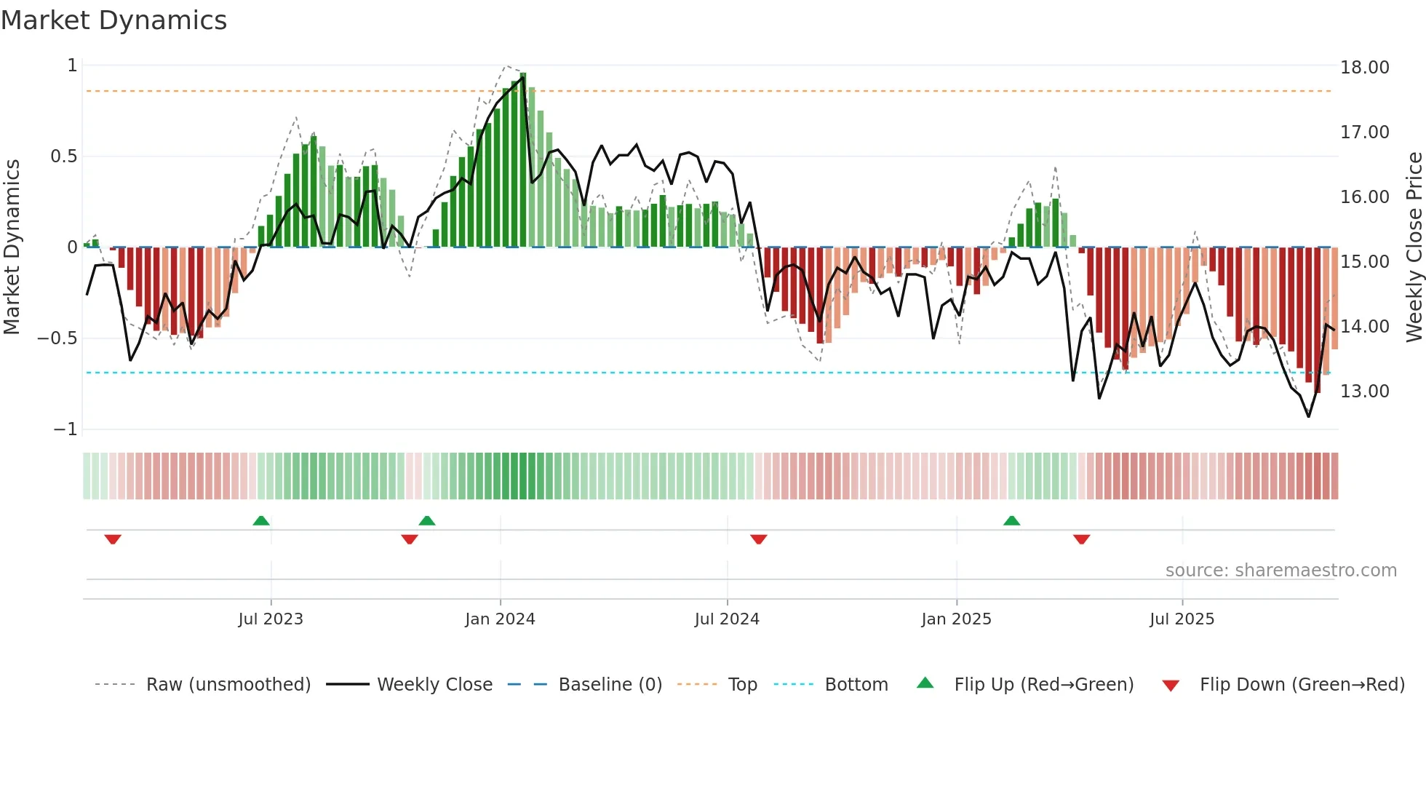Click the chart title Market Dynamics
(x=114, y=20)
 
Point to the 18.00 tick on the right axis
(x=1364, y=68)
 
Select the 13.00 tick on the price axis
(x=1364, y=392)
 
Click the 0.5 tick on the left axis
(x=63, y=156)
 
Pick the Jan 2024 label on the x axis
(x=500, y=619)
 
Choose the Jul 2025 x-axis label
(x=1182, y=619)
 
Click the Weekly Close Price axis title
(x=1414, y=247)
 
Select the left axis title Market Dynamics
(x=12, y=247)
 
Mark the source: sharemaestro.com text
(x=1280, y=571)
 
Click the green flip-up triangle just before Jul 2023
(x=261, y=520)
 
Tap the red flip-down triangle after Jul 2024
(x=759, y=539)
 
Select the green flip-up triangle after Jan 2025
(x=1011, y=520)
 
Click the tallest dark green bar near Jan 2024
(x=523, y=160)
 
